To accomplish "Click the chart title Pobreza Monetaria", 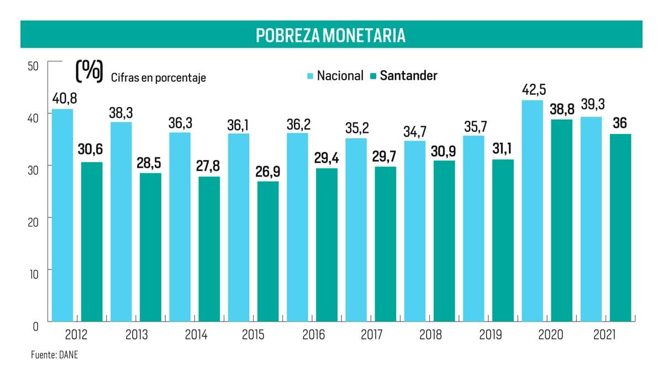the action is (330, 35).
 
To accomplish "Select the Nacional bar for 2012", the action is (62, 215).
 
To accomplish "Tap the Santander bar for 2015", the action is (268, 251).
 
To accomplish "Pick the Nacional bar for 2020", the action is (532, 211).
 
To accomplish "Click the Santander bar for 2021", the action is (620, 227).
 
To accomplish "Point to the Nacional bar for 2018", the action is (415, 231).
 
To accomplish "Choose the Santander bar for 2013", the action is (151, 247).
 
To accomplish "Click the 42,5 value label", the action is (534, 90).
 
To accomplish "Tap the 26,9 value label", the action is (267, 172).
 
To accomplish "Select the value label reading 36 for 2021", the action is (620, 123).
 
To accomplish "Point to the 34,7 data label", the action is (415, 132).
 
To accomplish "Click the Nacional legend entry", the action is (335, 76).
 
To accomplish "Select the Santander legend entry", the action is (404, 76).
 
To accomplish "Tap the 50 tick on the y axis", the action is (33, 66).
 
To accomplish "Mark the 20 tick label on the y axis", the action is (33, 222).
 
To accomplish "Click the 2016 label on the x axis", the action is (313, 335).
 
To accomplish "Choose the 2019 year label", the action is (491, 335).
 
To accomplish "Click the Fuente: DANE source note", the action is (55, 355).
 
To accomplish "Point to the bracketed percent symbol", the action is (90, 71).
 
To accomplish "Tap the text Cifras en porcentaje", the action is (159, 77).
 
